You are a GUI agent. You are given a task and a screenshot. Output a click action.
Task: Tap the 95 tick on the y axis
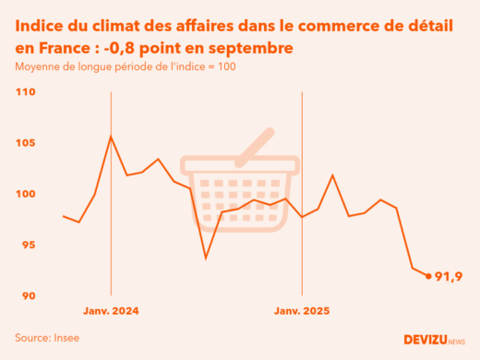click(25, 245)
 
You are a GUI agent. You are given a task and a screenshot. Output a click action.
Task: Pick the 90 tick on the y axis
click(25, 295)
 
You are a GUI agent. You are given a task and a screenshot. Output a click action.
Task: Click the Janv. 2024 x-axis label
click(111, 311)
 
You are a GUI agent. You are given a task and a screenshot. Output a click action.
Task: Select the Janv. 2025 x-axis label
click(303, 311)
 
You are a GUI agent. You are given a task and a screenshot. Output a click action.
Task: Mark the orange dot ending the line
click(428, 275)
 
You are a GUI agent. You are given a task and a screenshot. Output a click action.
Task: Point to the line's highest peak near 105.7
click(111, 137)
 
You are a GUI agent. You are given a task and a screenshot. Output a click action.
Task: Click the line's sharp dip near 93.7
click(206, 258)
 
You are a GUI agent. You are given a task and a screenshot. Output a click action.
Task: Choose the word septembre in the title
click(254, 47)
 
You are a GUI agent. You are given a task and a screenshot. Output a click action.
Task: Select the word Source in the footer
click(32, 338)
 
